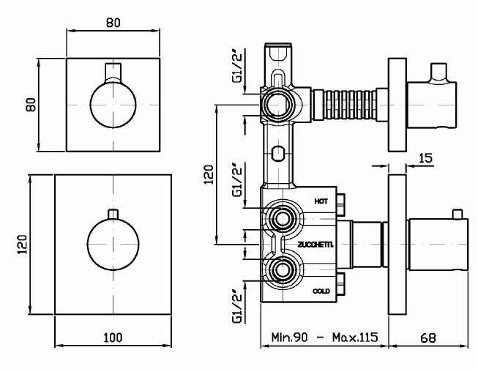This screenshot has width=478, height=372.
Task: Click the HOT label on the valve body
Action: point(321,200)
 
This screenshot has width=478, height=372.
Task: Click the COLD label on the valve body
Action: point(321,291)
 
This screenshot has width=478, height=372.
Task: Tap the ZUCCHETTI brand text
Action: point(315,245)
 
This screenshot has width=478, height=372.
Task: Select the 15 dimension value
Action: point(426,157)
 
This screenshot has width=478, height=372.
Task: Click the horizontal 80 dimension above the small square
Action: point(113,22)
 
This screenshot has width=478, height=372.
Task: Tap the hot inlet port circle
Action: point(280,217)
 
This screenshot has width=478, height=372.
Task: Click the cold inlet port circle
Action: point(280,269)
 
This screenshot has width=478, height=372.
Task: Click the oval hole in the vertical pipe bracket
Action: point(277,153)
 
